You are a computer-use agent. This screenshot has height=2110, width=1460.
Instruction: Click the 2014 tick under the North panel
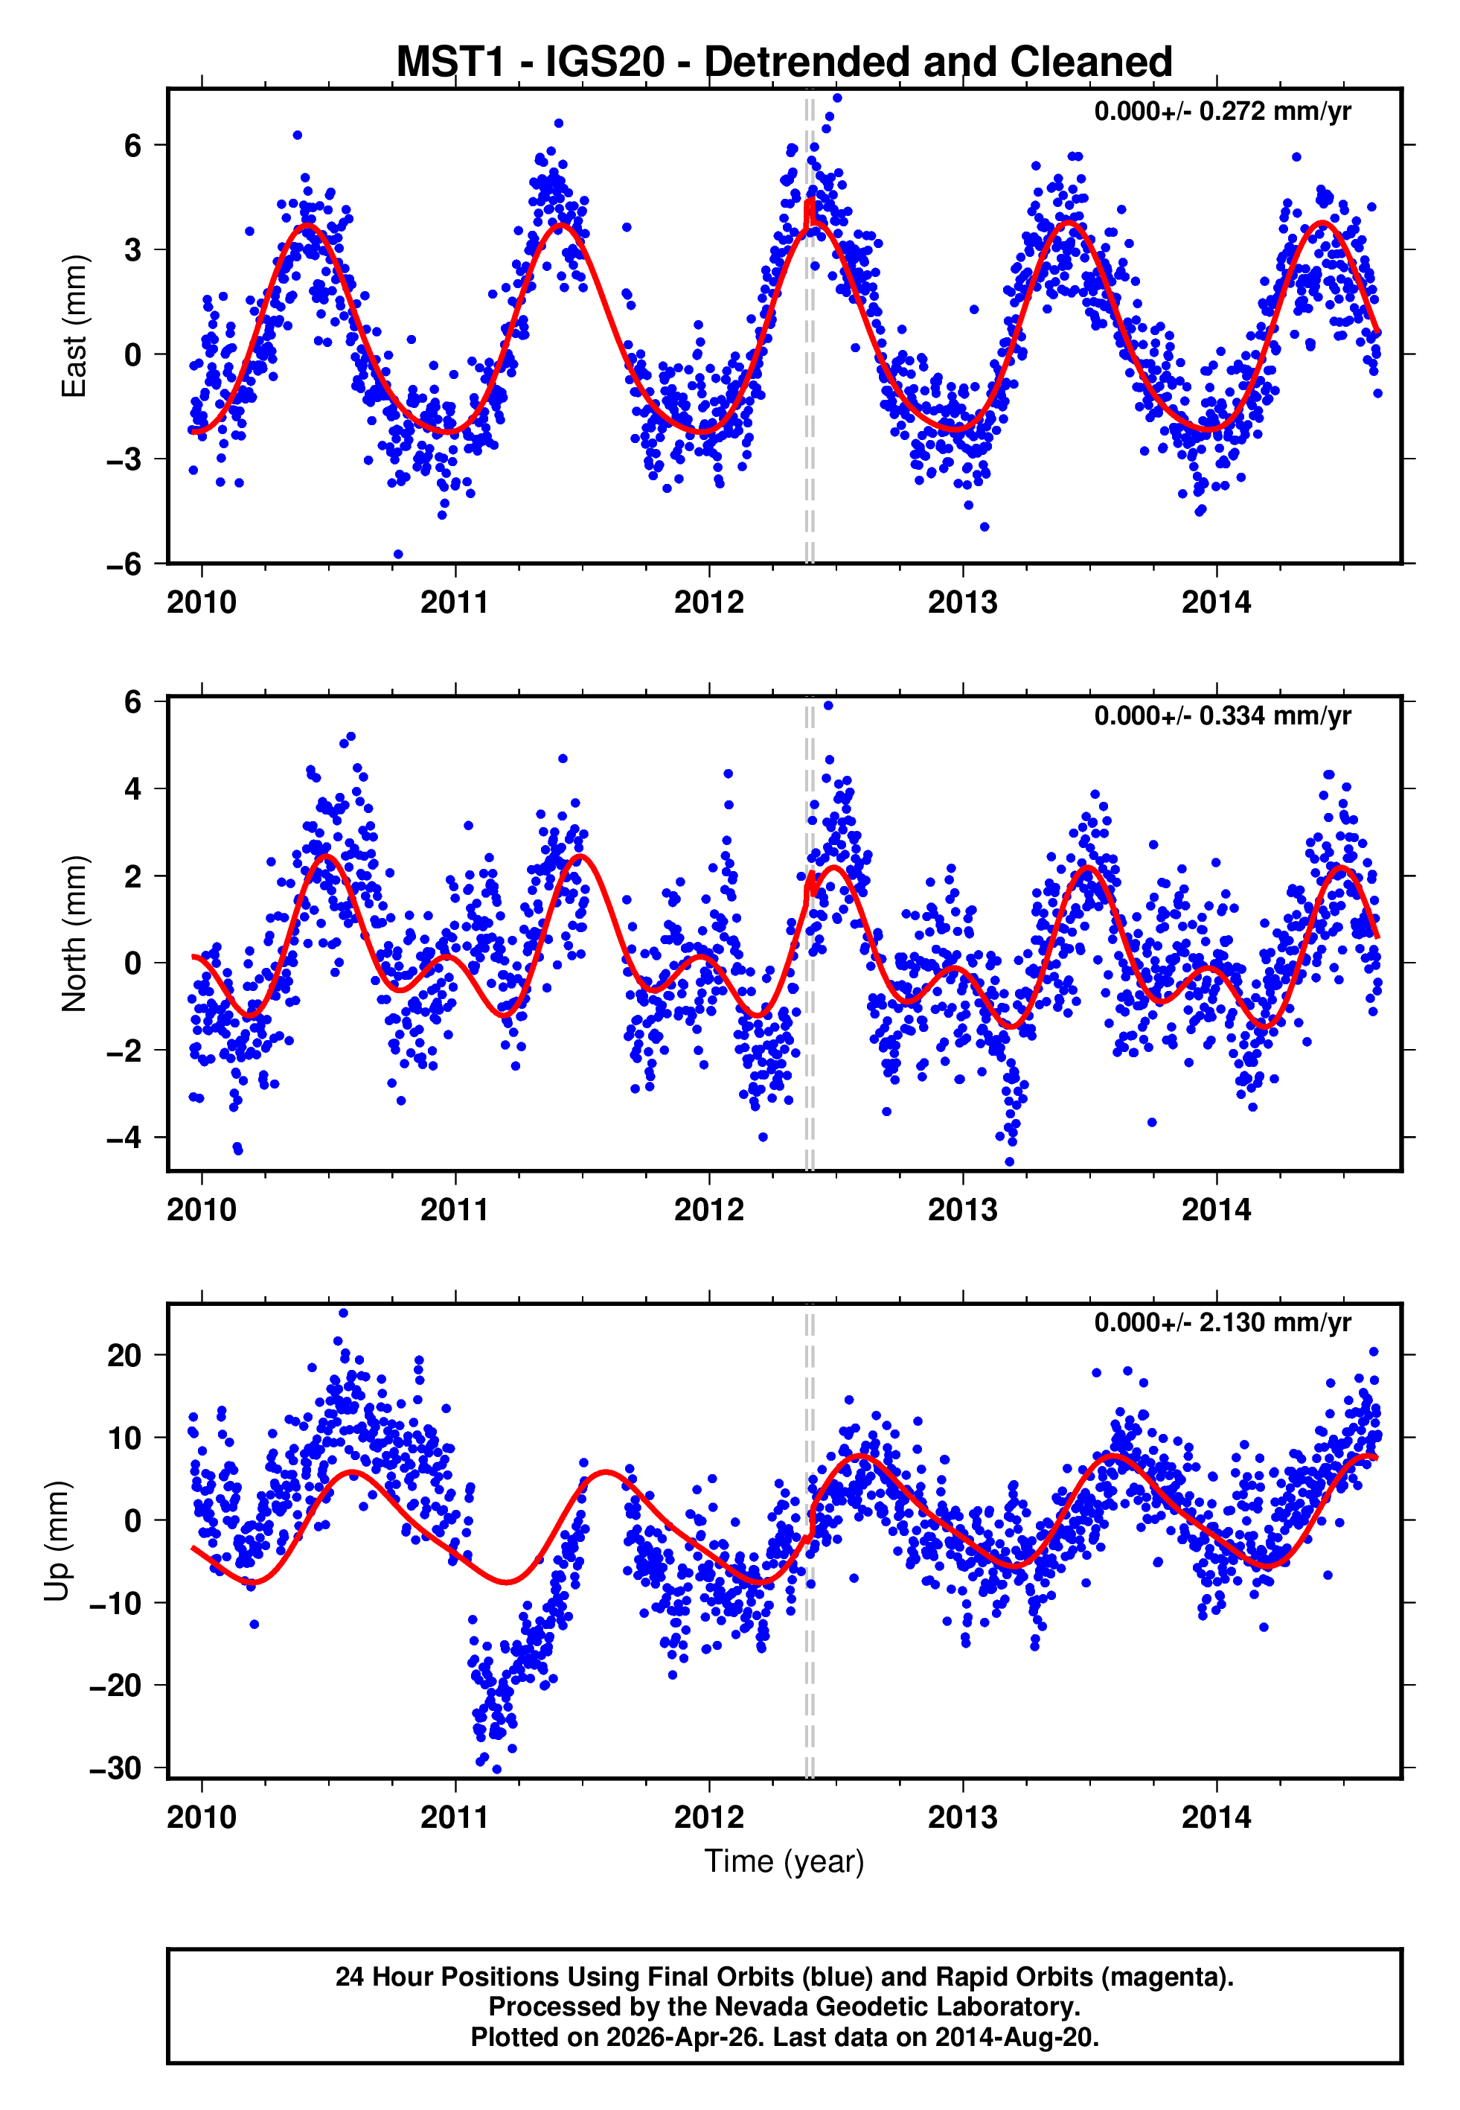(1215, 1210)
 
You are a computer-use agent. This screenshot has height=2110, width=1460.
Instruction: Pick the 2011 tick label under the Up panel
(455, 1817)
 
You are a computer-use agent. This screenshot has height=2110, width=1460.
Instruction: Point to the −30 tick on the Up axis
(115, 1767)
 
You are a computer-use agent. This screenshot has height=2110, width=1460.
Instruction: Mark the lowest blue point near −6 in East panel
(398, 555)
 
